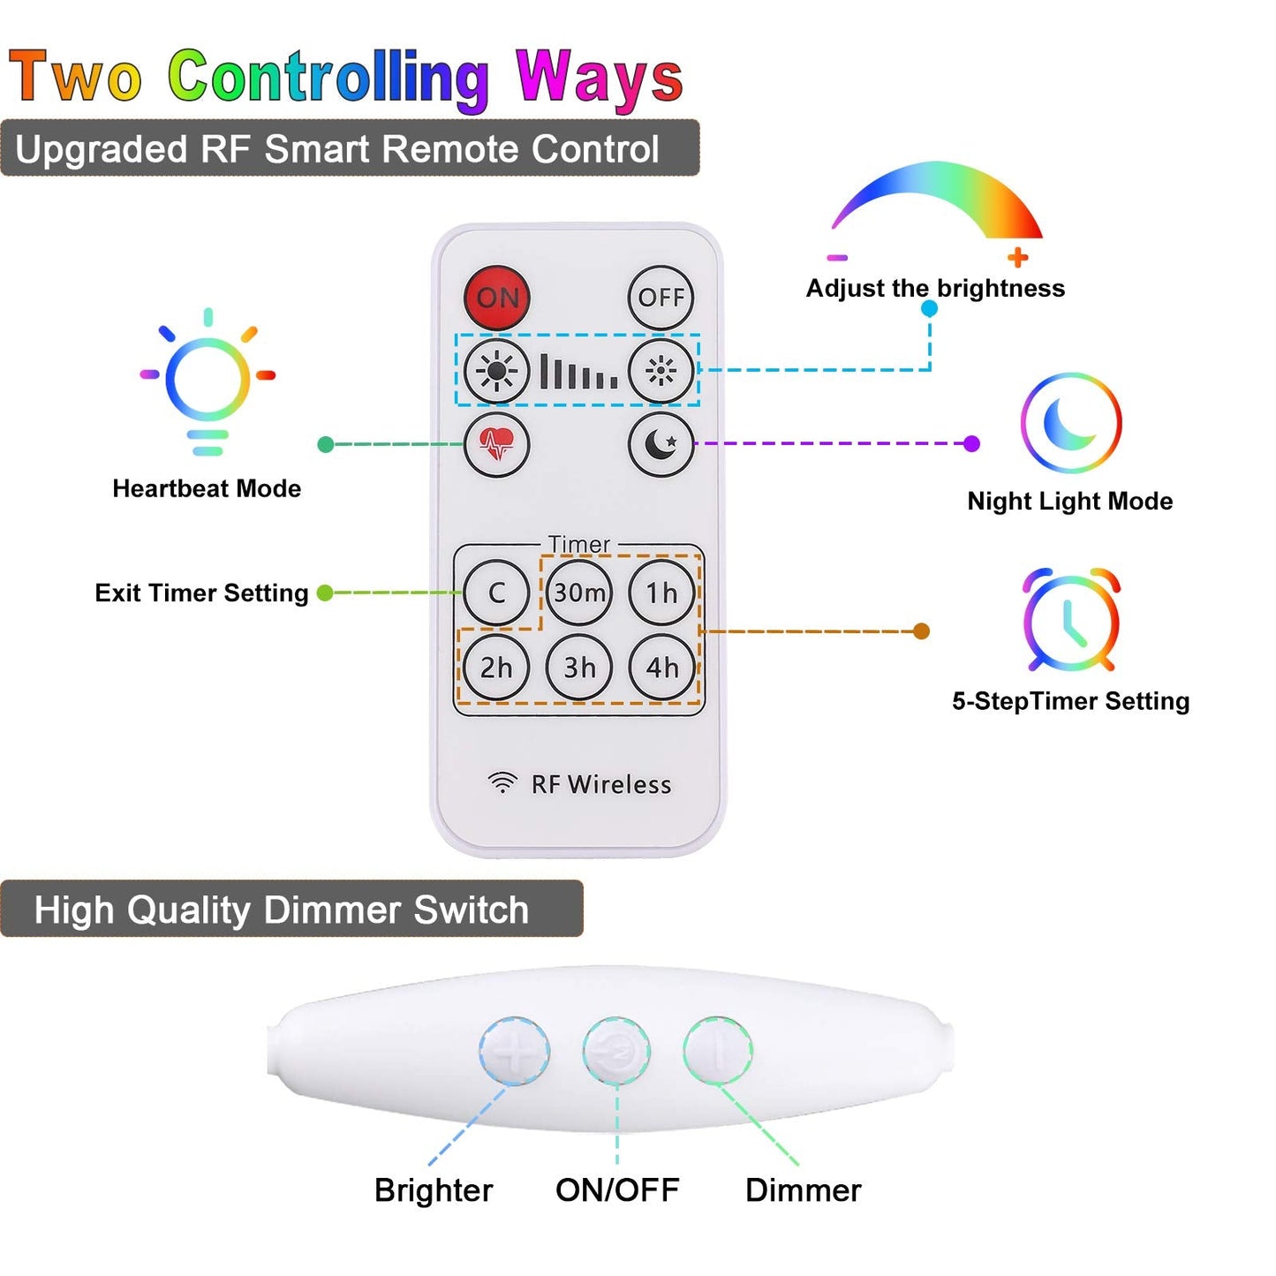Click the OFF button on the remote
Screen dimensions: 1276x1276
661,298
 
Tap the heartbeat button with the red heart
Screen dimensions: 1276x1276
496,444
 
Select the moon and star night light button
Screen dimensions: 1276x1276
661,444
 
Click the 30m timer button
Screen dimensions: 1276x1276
579,593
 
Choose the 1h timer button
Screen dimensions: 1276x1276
661,593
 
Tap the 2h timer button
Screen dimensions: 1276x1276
496,668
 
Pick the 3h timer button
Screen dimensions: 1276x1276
579,668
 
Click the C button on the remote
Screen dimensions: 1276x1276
496,593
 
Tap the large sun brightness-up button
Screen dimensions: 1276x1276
496,371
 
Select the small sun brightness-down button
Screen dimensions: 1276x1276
661,371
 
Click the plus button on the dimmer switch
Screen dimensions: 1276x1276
514,1051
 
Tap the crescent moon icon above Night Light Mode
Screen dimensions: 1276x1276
1070,423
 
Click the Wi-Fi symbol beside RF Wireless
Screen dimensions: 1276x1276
502,782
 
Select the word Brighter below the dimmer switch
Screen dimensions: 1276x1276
434,1190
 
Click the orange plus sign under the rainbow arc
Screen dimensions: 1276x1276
1018,257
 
